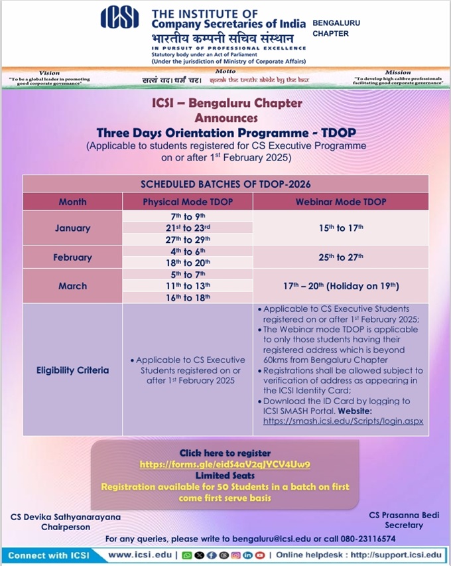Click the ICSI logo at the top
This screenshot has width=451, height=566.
[x=119, y=18]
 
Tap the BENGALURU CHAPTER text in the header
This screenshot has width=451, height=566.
[x=336, y=27]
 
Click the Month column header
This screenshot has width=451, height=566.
[x=72, y=202]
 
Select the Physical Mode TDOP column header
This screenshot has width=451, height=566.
[x=188, y=202]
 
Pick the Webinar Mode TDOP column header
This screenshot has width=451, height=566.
[x=340, y=202]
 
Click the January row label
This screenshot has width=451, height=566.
[x=72, y=228]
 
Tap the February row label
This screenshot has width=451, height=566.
[x=72, y=257]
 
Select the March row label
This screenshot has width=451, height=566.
[x=72, y=286]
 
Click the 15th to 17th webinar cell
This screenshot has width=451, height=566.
[x=340, y=228]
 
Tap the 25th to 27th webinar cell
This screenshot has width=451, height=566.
[x=340, y=257]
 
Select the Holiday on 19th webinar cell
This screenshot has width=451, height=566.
[x=340, y=286]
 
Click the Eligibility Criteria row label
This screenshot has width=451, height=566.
[x=72, y=370]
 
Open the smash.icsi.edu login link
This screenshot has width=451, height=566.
[x=343, y=421]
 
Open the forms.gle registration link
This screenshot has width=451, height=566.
[x=225, y=464]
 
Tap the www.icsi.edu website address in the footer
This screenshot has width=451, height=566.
[x=139, y=554]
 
